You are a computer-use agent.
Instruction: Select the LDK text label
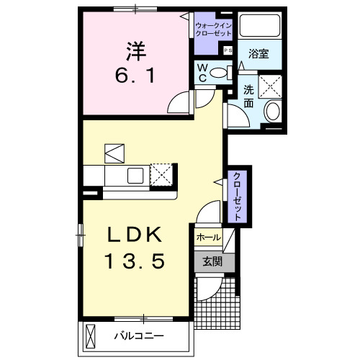click(x=138, y=236)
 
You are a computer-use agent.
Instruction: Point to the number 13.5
click(x=138, y=261)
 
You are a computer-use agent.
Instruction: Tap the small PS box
click(x=228, y=50)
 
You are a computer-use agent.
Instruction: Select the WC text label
click(x=203, y=72)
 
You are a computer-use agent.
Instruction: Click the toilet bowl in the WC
click(x=224, y=71)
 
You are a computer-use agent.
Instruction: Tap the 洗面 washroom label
click(x=248, y=97)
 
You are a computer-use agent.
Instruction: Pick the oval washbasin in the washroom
click(x=272, y=111)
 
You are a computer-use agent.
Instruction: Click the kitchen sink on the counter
click(x=135, y=175)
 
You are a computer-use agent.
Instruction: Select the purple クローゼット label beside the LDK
click(x=235, y=197)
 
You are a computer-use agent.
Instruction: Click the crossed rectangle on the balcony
click(x=91, y=336)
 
